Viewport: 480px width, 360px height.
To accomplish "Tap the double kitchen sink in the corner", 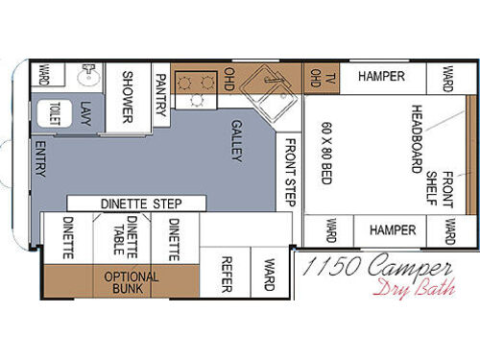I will point(266,97).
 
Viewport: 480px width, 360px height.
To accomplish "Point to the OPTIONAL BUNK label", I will point(132,282).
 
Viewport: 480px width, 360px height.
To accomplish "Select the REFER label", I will point(227,272).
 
